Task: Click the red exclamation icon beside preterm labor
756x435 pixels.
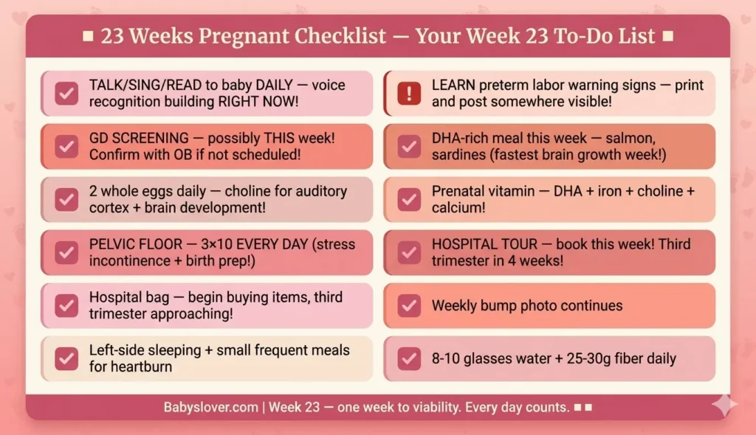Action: click(408, 94)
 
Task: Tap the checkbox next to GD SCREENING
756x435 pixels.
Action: click(66, 146)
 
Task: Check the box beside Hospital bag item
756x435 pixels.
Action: click(66, 305)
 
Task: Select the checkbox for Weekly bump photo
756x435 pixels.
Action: click(408, 305)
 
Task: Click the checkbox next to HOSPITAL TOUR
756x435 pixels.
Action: click(408, 252)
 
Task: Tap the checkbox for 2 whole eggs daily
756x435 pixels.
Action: click(66, 199)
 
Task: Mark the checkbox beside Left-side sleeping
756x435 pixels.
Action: click(66, 358)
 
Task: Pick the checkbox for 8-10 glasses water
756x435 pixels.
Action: click(408, 358)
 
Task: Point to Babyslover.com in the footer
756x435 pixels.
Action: click(212, 407)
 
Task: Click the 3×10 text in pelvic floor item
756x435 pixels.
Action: click(219, 244)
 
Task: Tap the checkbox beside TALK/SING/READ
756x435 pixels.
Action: click(66, 94)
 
